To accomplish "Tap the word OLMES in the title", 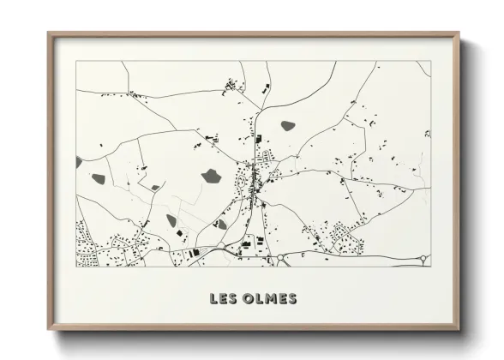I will click(269, 299).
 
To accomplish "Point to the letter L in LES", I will click(214, 299).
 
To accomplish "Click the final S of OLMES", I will click(292, 299).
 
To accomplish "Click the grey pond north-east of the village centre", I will click(288, 125).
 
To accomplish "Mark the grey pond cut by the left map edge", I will click(79, 161).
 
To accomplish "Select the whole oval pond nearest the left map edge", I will click(99, 179).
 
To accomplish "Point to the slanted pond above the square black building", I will click(171, 220).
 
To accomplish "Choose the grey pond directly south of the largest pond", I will click(222, 224).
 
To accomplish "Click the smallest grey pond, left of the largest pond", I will click(155, 187).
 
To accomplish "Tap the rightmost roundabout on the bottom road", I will click(422, 257).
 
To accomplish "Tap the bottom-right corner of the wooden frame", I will click(459, 329).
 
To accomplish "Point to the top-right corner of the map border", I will click(430, 61).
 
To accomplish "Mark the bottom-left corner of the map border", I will click(76, 267).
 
